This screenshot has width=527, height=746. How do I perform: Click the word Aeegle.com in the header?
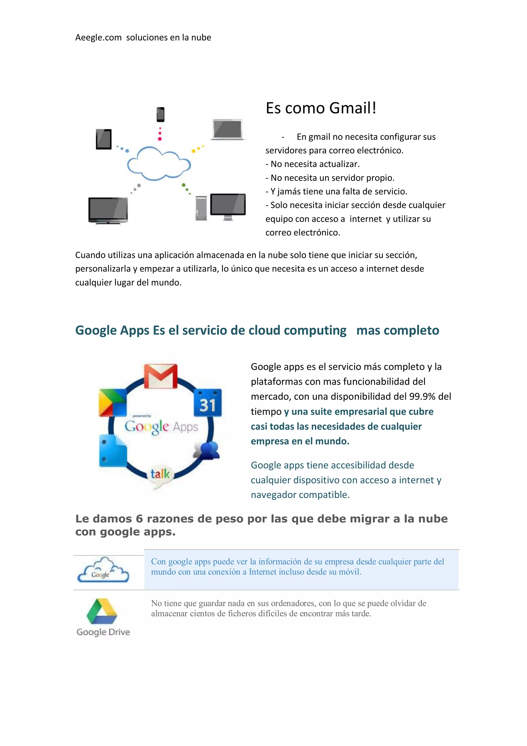pyautogui.click(x=98, y=38)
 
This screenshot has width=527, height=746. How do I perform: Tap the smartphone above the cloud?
pyautogui.click(x=160, y=114)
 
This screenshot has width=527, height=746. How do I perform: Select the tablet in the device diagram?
pyautogui.click(x=104, y=139)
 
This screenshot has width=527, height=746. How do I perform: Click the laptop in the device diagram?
pyautogui.click(x=228, y=130)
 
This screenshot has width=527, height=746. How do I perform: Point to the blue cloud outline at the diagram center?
pyautogui.click(x=159, y=164)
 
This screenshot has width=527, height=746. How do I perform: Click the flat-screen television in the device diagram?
pyautogui.click(x=108, y=210)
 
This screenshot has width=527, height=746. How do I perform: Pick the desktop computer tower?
pyautogui.click(x=201, y=208)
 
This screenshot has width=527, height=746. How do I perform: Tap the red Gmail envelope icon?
pyautogui.click(x=161, y=376)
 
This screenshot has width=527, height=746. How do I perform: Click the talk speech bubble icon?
pyautogui.click(x=160, y=475)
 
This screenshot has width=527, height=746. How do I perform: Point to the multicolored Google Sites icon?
pyautogui.click(x=112, y=402)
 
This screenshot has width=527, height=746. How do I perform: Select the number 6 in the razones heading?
pyautogui.click(x=139, y=519)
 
